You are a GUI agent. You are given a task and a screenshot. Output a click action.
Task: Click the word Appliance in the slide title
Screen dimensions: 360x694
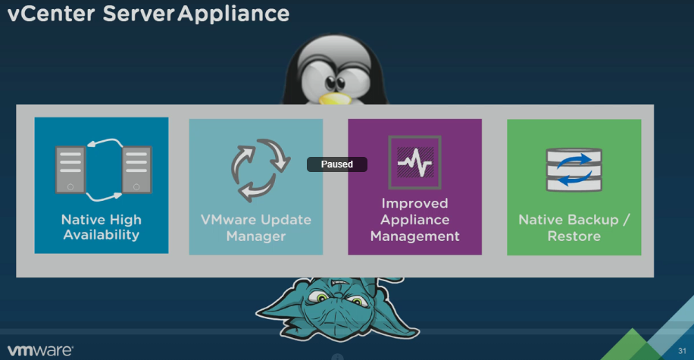(x=233, y=14)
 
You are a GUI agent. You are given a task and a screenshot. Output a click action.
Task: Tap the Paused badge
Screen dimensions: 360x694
(x=336, y=164)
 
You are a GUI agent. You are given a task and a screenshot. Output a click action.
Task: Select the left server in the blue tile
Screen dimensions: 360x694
(x=70, y=168)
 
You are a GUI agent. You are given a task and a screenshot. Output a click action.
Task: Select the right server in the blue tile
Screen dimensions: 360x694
(x=136, y=168)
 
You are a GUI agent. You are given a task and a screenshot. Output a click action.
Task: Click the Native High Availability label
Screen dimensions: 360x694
(x=101, y=227)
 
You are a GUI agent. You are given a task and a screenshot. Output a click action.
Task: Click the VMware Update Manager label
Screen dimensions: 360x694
(x=255, y=228)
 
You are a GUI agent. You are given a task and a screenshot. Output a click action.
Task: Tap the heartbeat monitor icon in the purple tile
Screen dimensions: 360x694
(x=414, y=161)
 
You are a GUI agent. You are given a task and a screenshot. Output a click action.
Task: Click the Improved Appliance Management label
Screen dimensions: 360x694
(x=414, y=220)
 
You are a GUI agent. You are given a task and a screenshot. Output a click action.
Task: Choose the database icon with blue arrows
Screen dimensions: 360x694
(x=574, y=168)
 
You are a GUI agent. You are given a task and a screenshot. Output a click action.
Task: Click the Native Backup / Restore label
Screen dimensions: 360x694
(x=574, y=227)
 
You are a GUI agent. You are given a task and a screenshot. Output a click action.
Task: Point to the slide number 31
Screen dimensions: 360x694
(x=681, y=351)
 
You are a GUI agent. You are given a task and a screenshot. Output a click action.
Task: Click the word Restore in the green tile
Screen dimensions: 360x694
(x=574, y=236)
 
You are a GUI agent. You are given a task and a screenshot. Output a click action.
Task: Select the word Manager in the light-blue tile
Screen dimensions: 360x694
(x=255, y=236)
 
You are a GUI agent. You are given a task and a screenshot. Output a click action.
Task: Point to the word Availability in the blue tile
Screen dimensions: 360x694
(x=101, y=236)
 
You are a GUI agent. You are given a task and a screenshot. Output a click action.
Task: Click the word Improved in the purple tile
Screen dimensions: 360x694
(x=414, y=203)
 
